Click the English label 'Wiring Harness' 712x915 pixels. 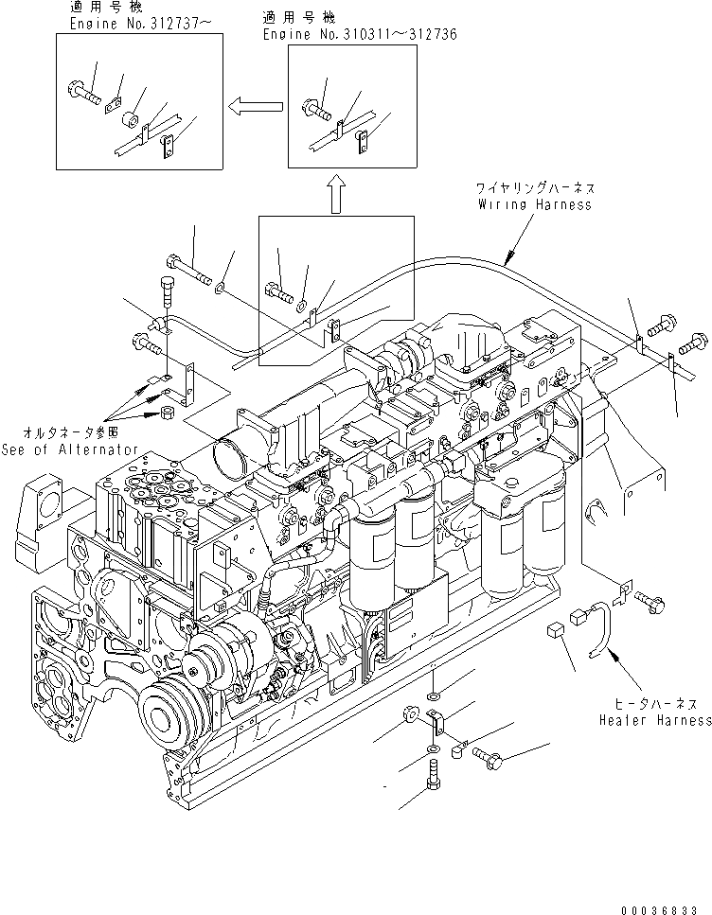[534, 203]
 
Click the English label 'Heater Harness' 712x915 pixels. [654, 720]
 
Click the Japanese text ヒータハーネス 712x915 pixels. [655, 705]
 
